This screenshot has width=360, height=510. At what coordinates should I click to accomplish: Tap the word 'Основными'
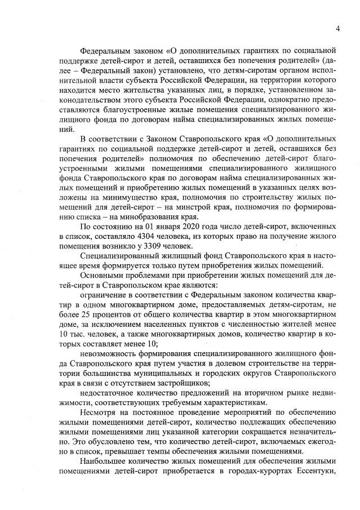tap(101, 276)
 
